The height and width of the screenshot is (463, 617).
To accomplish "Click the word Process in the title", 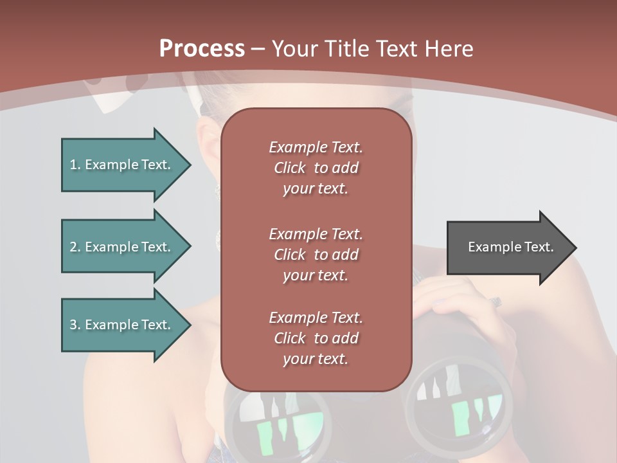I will point(202,49).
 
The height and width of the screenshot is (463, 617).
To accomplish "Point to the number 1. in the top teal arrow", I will point(75,165).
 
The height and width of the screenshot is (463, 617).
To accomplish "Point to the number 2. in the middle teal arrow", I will point(75,247).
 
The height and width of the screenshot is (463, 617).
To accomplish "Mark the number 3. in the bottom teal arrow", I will point(75,325).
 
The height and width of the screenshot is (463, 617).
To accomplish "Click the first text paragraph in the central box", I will point(316,168).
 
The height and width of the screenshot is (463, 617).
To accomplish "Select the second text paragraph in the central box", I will point(316,255).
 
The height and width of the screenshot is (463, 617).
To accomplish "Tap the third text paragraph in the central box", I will point(316,338).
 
